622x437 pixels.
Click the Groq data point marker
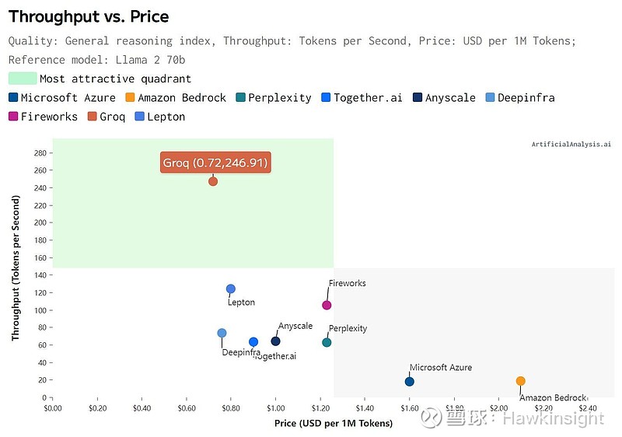tap(213, 181)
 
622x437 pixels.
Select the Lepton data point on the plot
tap(231, 289)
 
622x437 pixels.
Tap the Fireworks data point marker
tap(327, 305)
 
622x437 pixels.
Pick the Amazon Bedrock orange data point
tap(521, 381)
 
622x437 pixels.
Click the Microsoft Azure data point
tap(410, 381)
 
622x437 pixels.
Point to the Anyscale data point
tap(275, 341)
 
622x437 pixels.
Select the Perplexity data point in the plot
tap(327, 342)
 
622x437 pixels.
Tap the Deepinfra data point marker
tap(222, 333)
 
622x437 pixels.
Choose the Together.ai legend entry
tap(362, 98)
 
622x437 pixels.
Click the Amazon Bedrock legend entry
tap(176, 98)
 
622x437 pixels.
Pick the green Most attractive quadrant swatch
tap(23, 79)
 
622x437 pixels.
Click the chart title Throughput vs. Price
tap(89, 17)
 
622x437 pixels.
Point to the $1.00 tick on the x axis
tap(275, 407)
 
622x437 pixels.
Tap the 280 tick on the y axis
tap(39, 152)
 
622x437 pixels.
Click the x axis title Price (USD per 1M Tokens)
tap(334, 423)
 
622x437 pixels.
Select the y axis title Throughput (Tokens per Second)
tap(16, 267)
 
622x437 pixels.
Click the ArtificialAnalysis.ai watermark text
tap(571, 145)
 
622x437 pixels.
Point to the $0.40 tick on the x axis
tap(142, 407)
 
